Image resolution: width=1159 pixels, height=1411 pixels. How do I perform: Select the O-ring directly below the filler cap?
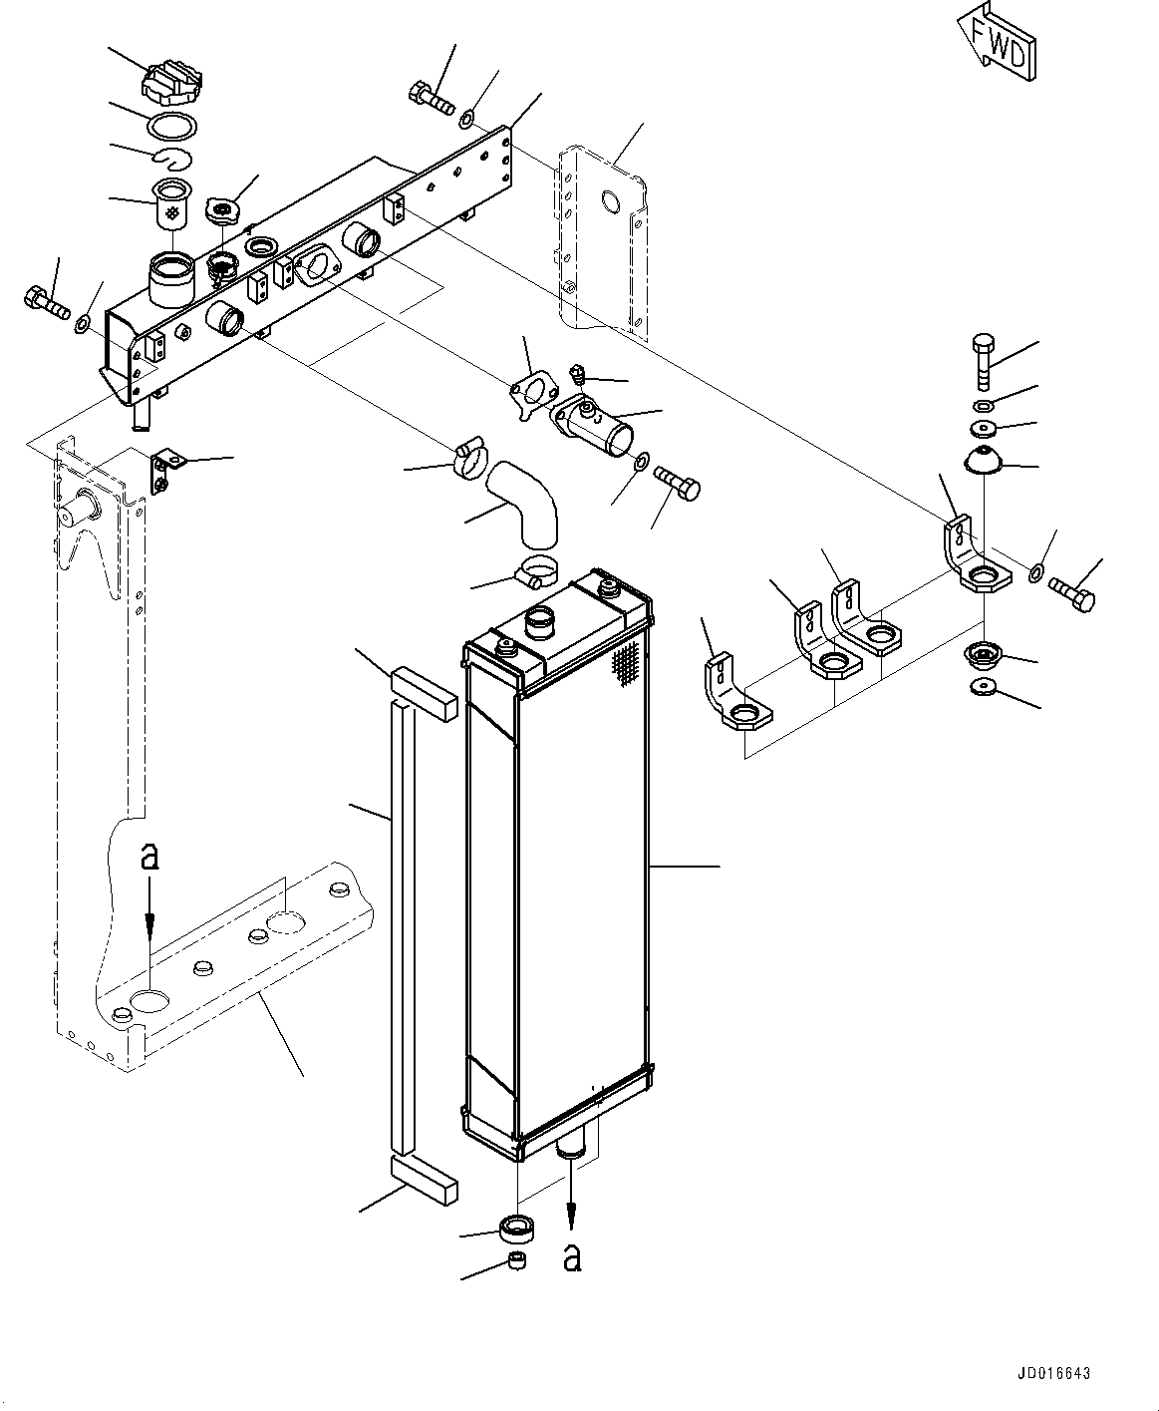click(171, 126)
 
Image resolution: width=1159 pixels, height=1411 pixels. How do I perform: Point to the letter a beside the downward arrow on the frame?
click(149, 856)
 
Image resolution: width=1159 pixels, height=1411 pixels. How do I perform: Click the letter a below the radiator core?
click(571, 1256)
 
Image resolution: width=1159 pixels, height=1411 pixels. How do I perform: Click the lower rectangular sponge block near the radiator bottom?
click(425, 1176)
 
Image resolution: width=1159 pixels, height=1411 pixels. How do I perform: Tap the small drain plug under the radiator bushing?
click(517, 1261)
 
